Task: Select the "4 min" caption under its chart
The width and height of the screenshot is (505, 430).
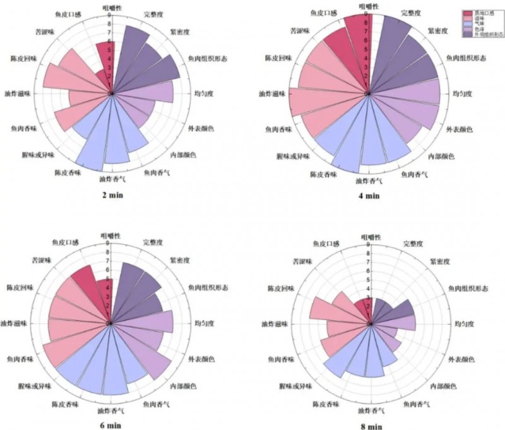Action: click(x=370, y=196)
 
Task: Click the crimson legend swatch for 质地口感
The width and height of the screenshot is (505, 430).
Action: click(x=468, y=13)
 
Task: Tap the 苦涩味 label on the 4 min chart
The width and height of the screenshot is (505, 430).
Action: click(x=302, y=30)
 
